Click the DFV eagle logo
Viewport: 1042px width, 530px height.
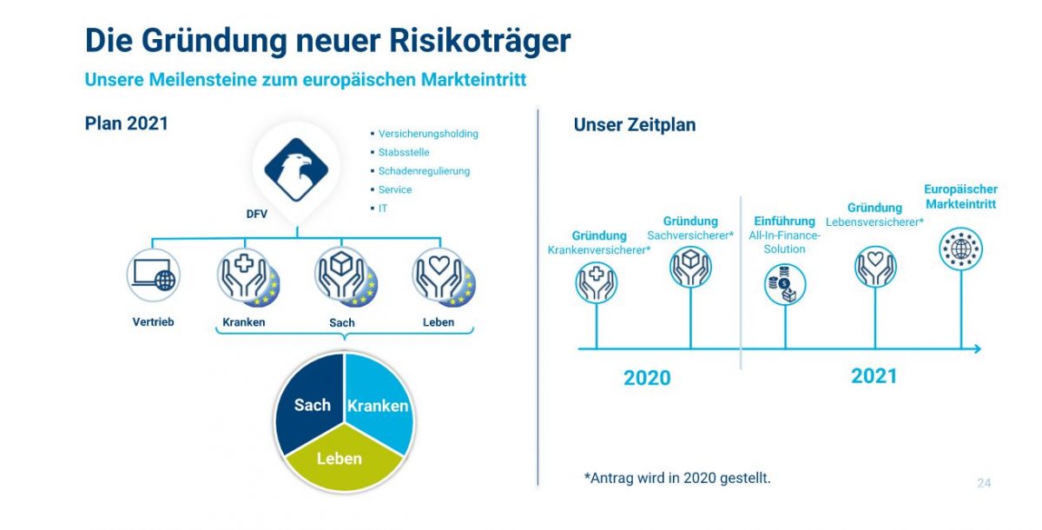[296, 169]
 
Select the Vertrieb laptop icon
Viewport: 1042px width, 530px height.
[154, 275]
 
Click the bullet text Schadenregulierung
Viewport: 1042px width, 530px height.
[424, 171]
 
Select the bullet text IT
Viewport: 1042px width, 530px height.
[382, 209]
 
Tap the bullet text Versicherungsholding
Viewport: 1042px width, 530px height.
[428, 134]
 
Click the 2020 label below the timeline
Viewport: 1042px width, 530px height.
[647, 378]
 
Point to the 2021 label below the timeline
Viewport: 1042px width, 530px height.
[874, 376]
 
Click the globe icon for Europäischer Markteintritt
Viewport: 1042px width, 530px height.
[960, 248]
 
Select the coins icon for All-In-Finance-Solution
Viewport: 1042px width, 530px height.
[785, 284]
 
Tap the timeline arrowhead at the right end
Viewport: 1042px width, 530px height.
[978, 348]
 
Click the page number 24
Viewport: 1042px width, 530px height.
[984, 483]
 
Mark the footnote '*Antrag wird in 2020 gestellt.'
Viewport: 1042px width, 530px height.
[677, 478]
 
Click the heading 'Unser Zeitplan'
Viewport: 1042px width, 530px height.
[635, 125]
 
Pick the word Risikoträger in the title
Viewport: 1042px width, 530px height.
[480, 41]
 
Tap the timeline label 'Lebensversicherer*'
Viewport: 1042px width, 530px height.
[874, 222]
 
